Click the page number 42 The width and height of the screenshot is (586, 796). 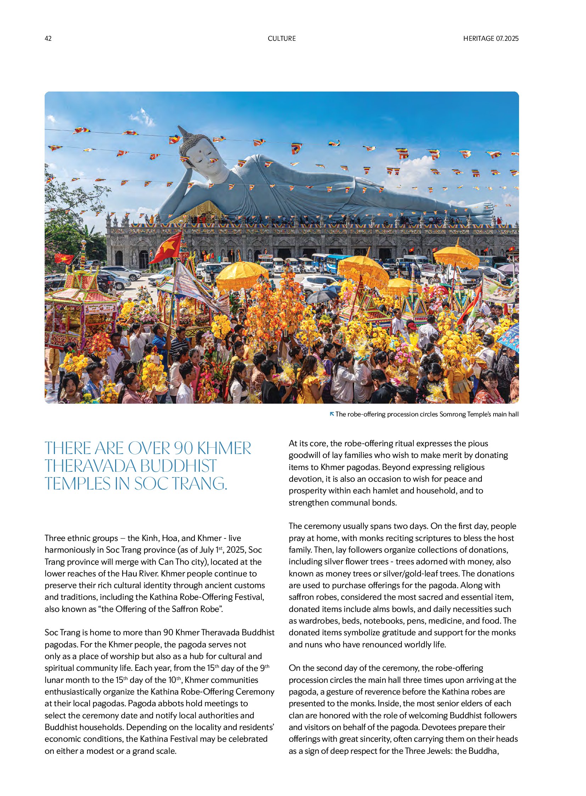tap(48, 38)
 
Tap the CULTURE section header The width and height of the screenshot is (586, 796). tap(282, 38)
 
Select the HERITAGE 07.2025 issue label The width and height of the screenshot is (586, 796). tap(491, 38)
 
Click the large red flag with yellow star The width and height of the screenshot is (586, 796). tap(168, 247)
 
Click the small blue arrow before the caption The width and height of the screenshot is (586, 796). tap(332, 414)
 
